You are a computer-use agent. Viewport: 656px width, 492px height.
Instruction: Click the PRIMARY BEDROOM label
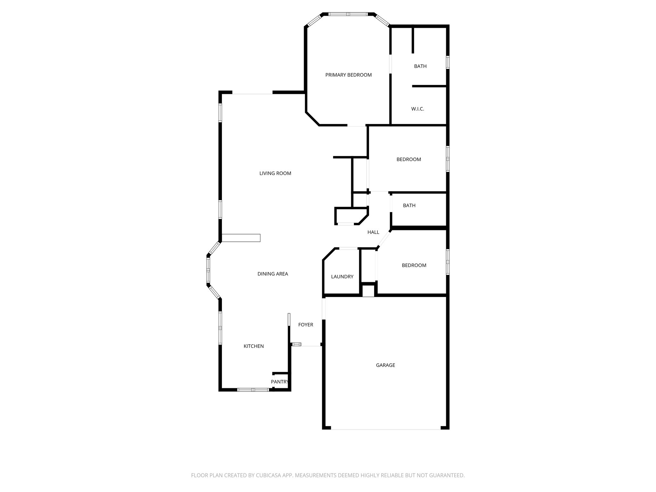click(x=348, y=75)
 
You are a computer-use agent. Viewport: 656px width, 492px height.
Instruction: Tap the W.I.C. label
click(x=418, y=109)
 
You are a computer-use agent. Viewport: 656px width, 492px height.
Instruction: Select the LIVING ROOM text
click(x=275, y=173)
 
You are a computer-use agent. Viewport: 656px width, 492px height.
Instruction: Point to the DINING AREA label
click(x=273, y=274)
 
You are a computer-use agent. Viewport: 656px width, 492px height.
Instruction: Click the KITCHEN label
click(x=254, y=346)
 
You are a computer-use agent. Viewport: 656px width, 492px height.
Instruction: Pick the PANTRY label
click(x=280, y=382)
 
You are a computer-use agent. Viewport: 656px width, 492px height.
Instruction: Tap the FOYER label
click(x=306, y=325)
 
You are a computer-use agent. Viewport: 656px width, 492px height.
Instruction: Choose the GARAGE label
click(x=385, y=365)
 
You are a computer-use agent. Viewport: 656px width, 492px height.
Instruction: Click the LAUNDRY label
click(x=342, y=277)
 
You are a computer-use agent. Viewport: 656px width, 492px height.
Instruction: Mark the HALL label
click(x=373, y=232)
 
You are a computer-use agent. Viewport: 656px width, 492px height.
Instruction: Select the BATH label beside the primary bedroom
click(x=420, y=66)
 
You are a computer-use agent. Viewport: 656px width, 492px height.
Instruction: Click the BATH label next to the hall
click(x=409, y=206)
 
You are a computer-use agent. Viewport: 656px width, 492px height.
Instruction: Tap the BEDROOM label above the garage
click(x=414, y=265)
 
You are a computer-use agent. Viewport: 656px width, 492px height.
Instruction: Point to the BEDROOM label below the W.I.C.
click(x=409, y=160)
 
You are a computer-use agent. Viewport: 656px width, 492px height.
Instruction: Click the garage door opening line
click(x=386, y=429)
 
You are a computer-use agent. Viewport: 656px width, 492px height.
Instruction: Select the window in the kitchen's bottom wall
click(x=253, y=390)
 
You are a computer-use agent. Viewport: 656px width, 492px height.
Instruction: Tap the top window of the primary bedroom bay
click(x=348, y=14)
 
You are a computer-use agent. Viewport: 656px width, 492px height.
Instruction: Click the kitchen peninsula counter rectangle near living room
click(x=241, y=238)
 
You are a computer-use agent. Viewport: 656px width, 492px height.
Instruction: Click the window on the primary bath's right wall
click(x=448, y=62)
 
